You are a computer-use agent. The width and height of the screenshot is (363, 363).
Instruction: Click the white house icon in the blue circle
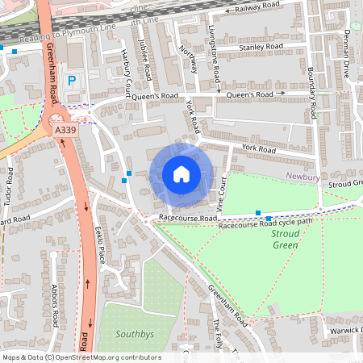[181, 174]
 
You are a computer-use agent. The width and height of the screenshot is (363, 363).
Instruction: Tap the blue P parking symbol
[72, 81]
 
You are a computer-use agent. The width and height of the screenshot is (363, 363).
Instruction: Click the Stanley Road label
[261, 48]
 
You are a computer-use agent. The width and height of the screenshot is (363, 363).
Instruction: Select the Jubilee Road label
[145, 60]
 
